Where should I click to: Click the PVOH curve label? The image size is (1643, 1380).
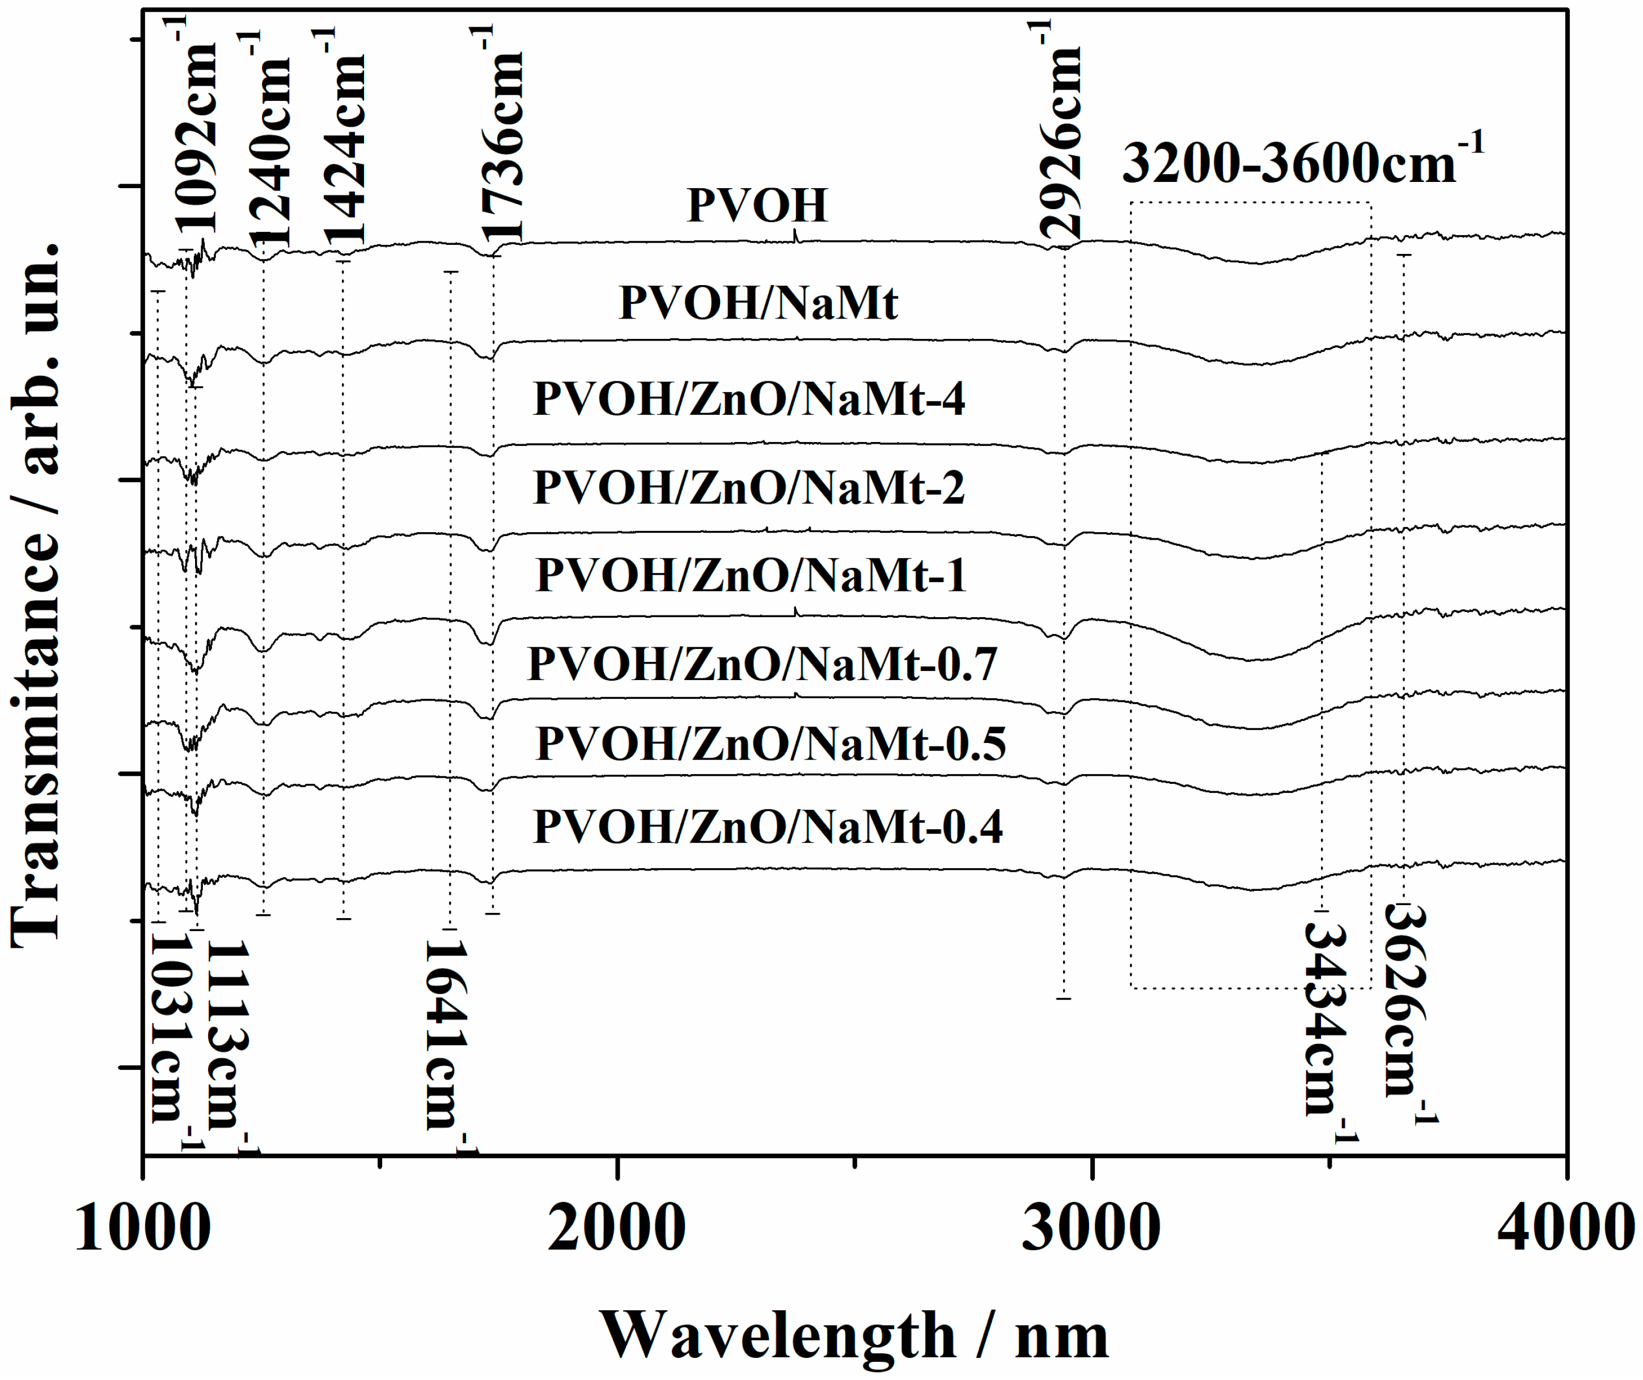tap(756, 206)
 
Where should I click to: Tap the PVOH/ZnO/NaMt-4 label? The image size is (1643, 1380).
tap(749, 399)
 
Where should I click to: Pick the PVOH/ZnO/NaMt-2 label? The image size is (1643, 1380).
tap(749, 488)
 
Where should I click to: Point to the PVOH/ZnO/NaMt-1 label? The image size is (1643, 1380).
tap(751, 576)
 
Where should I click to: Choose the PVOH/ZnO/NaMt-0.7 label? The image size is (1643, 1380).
tap(763, 665)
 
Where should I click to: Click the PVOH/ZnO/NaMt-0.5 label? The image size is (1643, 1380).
tap(770, 744)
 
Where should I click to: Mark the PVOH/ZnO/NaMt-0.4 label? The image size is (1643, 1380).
tap(768, 827)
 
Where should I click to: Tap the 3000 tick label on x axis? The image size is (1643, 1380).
tap(1091, 1228)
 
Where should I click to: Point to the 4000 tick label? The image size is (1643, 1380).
tap(1565, 1228)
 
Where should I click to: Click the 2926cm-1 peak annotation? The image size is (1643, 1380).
tap(1060, 133)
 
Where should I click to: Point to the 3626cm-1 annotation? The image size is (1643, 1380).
tap(1406, 1013)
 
